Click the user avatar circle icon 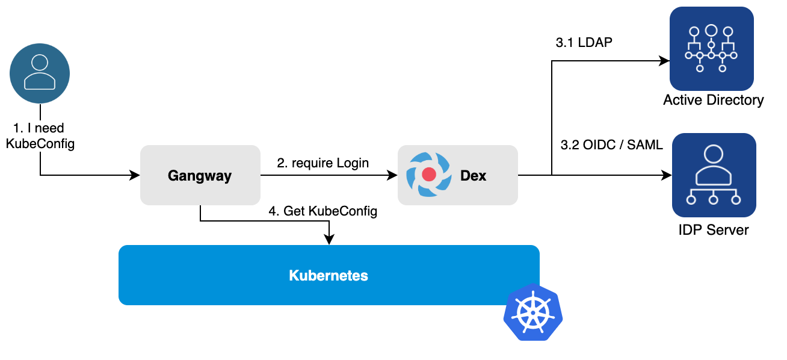[x=40, y=73]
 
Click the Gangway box [x=200, y=175]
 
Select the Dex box [x=457, y=175]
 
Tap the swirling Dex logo [x=428, y=175]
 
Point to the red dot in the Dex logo [x=428, y=175]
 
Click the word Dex [x=474, y=176]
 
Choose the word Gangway [x=200, y=176]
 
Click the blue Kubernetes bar [x=329, y=275]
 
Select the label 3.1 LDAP [x=584, y=43]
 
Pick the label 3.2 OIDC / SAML [x=611, y=145]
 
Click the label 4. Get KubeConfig [x=323, y=212]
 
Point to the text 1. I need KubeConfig [x=40, y=136]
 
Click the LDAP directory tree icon [x=711, y=49]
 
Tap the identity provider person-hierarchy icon [x=714, y=175]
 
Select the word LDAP [x=594, y=43]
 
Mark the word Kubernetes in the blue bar [x=329, y=276]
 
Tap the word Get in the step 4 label [x=294, y=212]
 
